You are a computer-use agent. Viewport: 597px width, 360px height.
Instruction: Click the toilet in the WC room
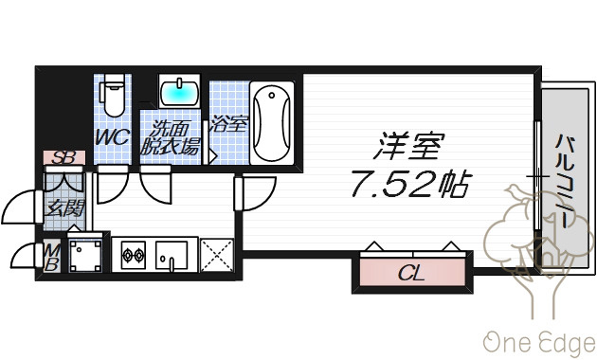coord(113,95)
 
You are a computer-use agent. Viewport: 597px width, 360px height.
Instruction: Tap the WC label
coord(113,137)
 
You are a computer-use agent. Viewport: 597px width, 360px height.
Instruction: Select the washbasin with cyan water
coord(179,91)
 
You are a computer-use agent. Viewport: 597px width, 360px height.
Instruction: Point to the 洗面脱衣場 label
coord(171,137)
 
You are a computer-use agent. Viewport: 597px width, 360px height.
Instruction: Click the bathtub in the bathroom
coord(272,123)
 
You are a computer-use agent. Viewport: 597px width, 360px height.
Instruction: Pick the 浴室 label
coord(228,123)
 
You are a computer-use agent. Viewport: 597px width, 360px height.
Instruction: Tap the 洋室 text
coord(409,146)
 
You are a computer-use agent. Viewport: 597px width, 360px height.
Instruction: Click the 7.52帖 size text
coord(411,185)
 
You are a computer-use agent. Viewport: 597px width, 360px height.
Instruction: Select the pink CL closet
coord(412,273)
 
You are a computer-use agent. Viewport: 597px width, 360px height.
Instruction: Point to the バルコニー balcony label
coord(565,180)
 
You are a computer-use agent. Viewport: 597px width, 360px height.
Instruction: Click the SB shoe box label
coord(63,157)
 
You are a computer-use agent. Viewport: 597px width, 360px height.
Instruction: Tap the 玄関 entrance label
coord(64,208)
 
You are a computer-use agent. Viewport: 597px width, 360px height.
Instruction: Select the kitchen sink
coord(172,255)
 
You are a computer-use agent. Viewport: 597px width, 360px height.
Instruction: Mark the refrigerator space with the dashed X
coord(217,255)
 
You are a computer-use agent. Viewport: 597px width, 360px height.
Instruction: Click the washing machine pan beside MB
coord(85,255)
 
